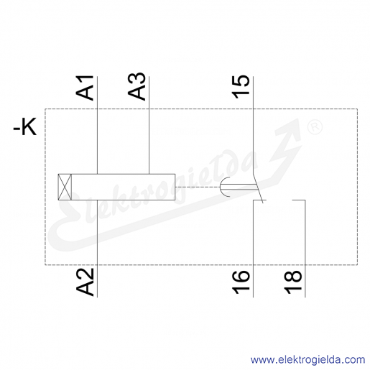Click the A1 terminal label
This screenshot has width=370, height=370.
pyautogui.click(x=85, y=88)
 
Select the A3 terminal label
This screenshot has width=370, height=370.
pyautogui.click(x=137, y=86)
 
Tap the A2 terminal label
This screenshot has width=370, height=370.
pyautogui.click(x=85, y=282)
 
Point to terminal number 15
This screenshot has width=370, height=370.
pyautogui.click(x=241, y=87)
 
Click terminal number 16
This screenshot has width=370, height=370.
pyautogui.click(x=241, y=282)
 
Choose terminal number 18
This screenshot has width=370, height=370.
pyautogui.click(x=292, y=282)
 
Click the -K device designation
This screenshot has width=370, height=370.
pyautogui.click(x=25, y=126)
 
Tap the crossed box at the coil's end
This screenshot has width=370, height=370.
pyautogui.click(x=65, y=187)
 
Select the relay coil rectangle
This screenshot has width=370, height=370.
pyautogui.click(x=116, y=187)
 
